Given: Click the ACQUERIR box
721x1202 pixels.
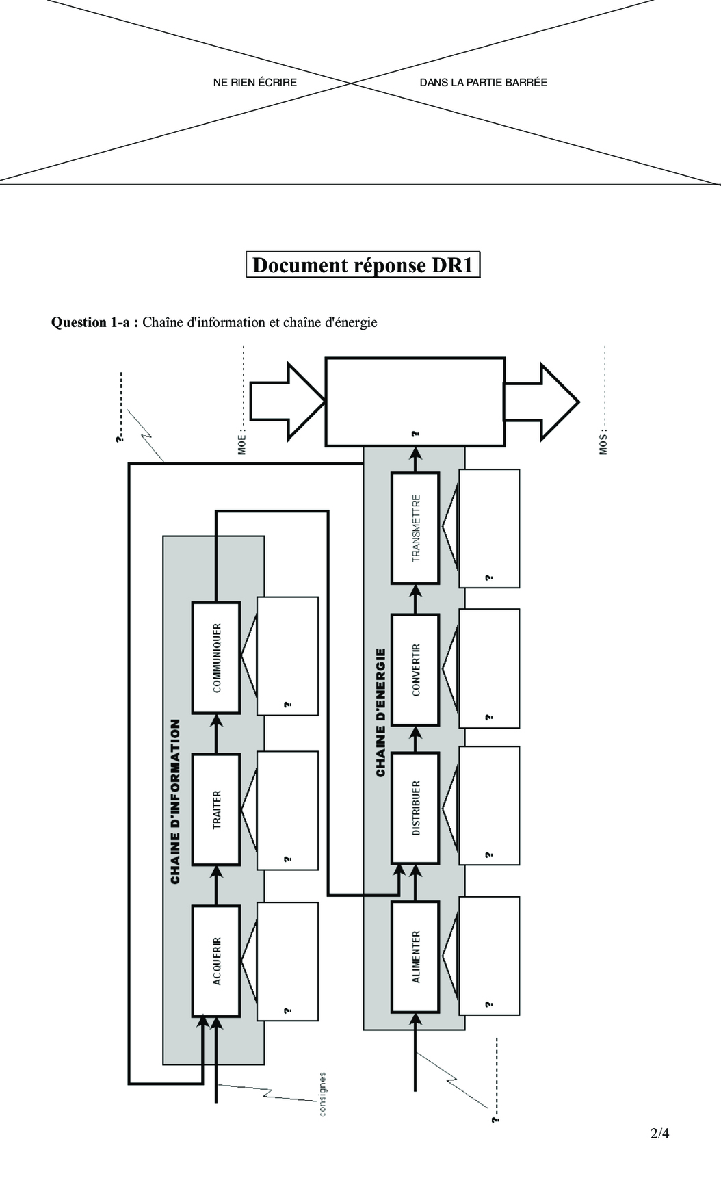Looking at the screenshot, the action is pyautogui.click(x=216, y=961).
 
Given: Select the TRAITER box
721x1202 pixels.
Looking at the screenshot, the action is pyautogui.click(x=216, y=809).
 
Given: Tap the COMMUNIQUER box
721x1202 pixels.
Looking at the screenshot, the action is pyautogui.click(x=216, y=657).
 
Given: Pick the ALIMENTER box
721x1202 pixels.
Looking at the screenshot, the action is pyautogui.click(x=415, y=956).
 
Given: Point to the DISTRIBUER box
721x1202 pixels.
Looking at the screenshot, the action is pyautogui.click(x=415, y=807).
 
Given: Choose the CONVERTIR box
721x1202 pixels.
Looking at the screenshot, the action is pyautogui.click(x=415, y=670).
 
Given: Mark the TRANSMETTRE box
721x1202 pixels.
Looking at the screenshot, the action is pyautogui.click(x=415, y=528).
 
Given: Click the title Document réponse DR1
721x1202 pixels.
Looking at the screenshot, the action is pyautogui.click(x=363, y=265).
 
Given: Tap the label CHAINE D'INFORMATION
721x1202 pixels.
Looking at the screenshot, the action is pyautogui.click(x=176, y=801).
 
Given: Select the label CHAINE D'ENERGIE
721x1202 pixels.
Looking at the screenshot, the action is pyautogui.click(x=381, y=712).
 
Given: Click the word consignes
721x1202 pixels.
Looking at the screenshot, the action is pyautogui.click(x=322, y=1094).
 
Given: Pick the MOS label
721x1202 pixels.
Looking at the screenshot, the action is pyautogui.click(x=603, y=443).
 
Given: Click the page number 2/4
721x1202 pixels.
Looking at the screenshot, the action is pyautogui.click(x=659, y=1134).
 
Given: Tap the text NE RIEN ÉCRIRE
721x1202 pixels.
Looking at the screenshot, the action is pyautogui.click(x=255, y=82).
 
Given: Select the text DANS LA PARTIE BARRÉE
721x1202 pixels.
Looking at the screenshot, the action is pyautogui.click(x=484, y=82).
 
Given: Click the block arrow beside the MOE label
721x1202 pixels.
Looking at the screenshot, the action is pyautogui.click(x=287, y=401).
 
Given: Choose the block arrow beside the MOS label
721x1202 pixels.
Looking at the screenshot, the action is pyautogui.click(x=542, y=401).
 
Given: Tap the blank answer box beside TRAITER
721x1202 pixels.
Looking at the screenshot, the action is pyautogui.click(x=287, y=810).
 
